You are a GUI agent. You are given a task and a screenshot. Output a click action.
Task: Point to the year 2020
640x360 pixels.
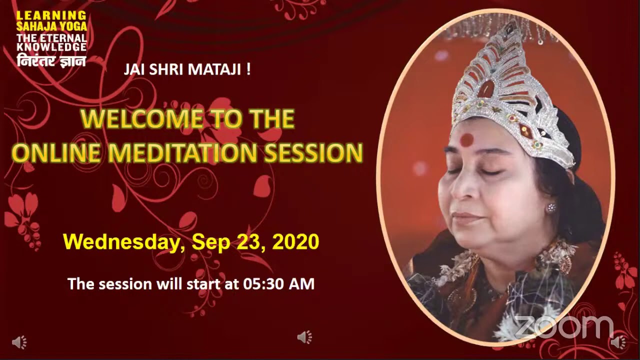tap(296, 242)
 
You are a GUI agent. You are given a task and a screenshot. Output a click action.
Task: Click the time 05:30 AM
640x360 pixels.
tap(278, 284)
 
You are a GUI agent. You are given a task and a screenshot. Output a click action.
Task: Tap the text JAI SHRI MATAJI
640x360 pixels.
tap(187, 69)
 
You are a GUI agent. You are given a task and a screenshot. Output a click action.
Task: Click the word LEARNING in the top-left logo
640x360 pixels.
tap(51, 16)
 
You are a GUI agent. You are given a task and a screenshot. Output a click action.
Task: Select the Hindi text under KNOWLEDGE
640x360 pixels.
tap(51, 60)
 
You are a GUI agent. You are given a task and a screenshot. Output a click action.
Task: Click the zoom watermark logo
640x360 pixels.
tap(564, 327)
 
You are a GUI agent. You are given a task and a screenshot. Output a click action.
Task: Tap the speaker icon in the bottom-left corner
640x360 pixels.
tap(19, 342)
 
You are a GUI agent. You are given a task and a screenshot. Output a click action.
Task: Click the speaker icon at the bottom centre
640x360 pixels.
tap(304, 337)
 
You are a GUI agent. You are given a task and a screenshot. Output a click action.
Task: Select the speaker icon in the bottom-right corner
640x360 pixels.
tap(618, 342)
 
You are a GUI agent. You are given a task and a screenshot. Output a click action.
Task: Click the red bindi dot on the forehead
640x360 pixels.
tap(466, 140)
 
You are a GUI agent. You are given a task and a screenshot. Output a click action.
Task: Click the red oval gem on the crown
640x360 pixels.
tap(485, 89)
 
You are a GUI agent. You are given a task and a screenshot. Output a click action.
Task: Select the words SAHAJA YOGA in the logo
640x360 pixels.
tap(51, 26)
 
